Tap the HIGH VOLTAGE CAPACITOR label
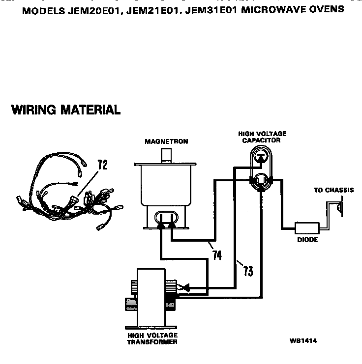pos(262,137)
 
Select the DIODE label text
pos(307,240)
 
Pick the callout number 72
pos(102,165)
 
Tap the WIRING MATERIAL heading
pos(66,110)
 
